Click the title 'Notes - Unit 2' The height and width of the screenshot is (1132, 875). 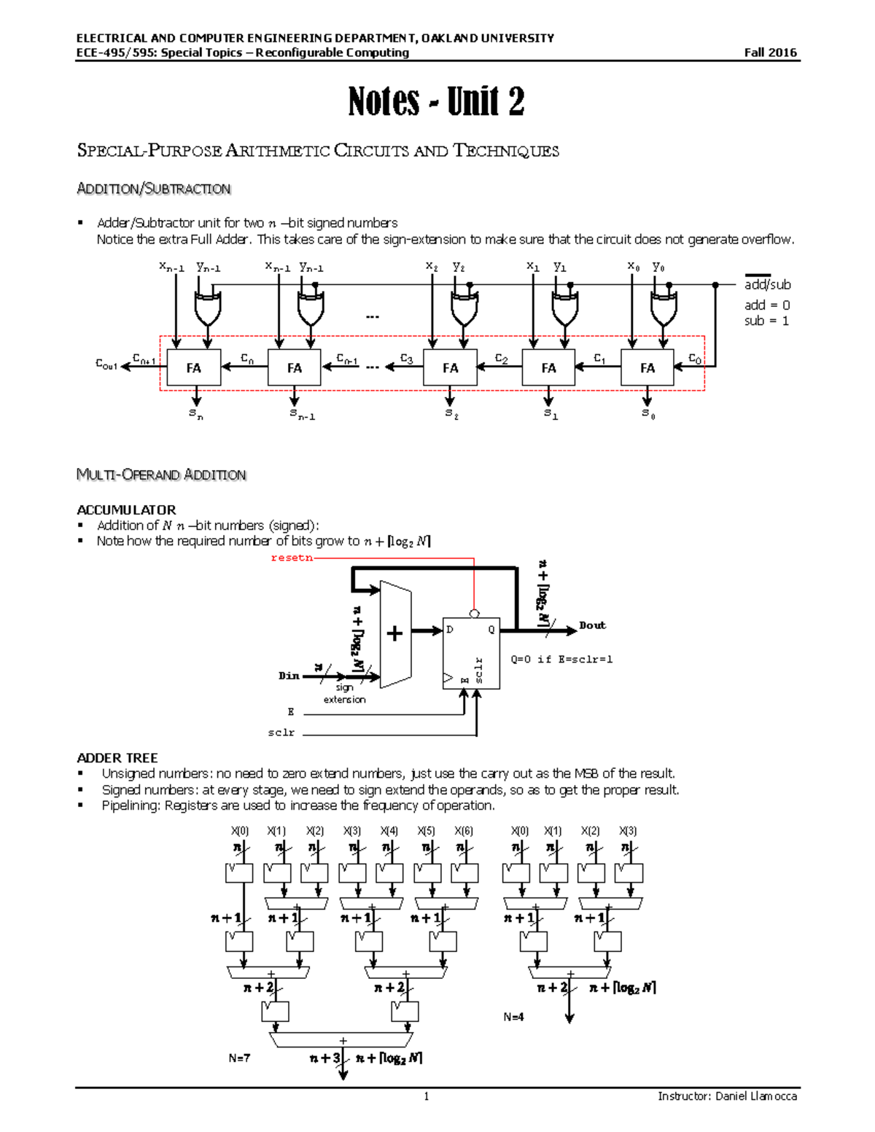pyautogui.click(x=436, y=101)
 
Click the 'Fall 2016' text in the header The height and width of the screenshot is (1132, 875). pyautogui.click(x=770, y=52)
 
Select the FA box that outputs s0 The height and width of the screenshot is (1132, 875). pyautogui.click(x=647, y=367)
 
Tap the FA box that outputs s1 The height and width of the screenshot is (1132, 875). pyautogui.click(x=548, y=367)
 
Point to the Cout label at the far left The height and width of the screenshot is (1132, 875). pyautogui.click(x=106, y=364)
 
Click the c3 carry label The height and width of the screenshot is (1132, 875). pyautogui.click(x=407, y=359)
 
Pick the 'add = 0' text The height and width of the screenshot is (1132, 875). pyautogui.click(x=767, y=305)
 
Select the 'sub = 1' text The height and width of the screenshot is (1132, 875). pyautogui.click(x=766, y=321)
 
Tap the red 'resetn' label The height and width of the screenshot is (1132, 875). pyautogui.click(x=292, y=558)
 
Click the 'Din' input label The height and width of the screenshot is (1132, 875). pyautogui.click(x=289, y=676)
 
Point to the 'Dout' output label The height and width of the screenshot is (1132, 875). pyautogui.click(x=592, y=625)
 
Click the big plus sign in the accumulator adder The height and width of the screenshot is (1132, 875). pyautogui.click(x=394, y=633)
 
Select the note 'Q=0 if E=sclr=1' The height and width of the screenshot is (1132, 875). pyautogui.click(x=561, y=659)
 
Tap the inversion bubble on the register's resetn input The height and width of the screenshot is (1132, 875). pyautogui.click(x=474, y=614)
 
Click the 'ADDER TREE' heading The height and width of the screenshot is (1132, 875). pyautogui.click(x=117, y=758)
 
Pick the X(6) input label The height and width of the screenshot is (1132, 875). pyautogui.click(x=464, y=831)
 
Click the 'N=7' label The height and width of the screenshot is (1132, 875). pyautogui.click(x=239, y=1058)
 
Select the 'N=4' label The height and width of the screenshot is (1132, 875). pyautogui.click(x=513, y=1017)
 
